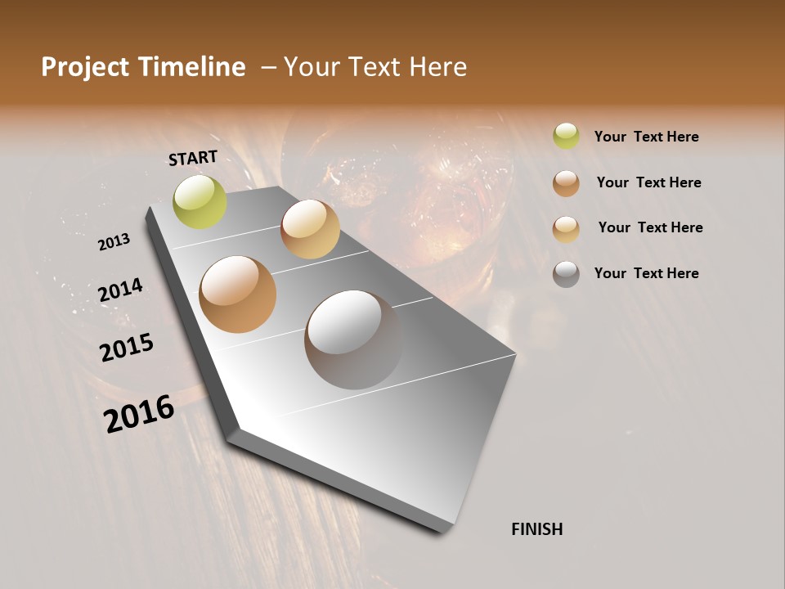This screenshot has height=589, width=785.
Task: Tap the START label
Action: click(x=193, y=158)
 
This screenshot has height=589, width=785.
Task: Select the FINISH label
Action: click(x=536, y=529)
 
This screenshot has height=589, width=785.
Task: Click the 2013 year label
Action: click(x=114, y=241)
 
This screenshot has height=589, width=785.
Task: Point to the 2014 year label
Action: click(x=120, y=290)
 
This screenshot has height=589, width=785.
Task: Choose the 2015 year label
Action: click(x=127, y=348)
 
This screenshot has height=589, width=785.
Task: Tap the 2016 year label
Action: click(x=139, y=414)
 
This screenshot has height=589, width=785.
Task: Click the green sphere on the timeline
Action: click(x=200, y=201)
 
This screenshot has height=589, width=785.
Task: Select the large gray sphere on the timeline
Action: click(x=353, y=339)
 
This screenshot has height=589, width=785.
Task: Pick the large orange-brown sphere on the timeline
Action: click(x=237, y=294)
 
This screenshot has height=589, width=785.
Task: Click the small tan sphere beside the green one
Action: click(x=310, y=229)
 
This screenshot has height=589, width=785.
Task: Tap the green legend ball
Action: click(x=566, y=136)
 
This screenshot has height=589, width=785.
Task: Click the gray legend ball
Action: click(x=566, y=273)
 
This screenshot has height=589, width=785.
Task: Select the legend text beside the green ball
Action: click(x=646, y=137)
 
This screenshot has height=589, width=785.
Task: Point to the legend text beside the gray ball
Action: click(x=646, y=273)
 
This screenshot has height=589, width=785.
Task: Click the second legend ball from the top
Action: click(x=566, y=182)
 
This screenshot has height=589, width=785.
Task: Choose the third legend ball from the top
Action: click(x=566, y=228)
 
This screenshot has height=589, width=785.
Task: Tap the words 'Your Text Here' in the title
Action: click(x=375, y=67)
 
